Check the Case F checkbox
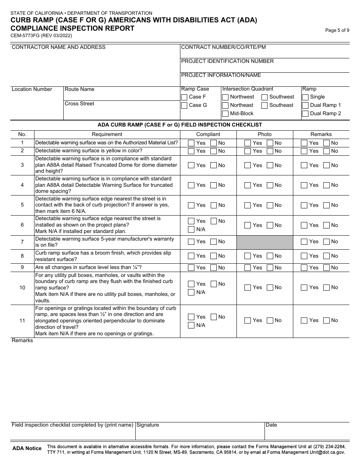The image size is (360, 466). point(184,97)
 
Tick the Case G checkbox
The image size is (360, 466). point(184,105)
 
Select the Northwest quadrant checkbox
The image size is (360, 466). point(225,97)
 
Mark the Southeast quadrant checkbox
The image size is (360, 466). point(265,105)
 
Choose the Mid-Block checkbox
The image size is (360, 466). point(225,114)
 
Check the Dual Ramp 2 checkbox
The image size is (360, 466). point(305,114)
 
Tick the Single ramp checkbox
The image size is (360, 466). point(305,97)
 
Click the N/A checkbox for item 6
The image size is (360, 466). point(191,230)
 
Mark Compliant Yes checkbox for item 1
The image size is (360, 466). point(191,143)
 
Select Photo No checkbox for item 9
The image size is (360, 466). point(270,268)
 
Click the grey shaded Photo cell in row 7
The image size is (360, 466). point(265,242)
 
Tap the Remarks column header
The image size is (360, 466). point(321,134)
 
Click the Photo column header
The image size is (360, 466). point(265,134)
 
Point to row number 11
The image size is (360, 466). point(22,321)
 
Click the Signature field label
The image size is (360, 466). point(148,425)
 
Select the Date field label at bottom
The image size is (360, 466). point(271,425)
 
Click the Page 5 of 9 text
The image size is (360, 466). point(337,31)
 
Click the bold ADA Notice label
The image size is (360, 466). point(27,449)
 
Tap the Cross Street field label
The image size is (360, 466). point(80,104)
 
